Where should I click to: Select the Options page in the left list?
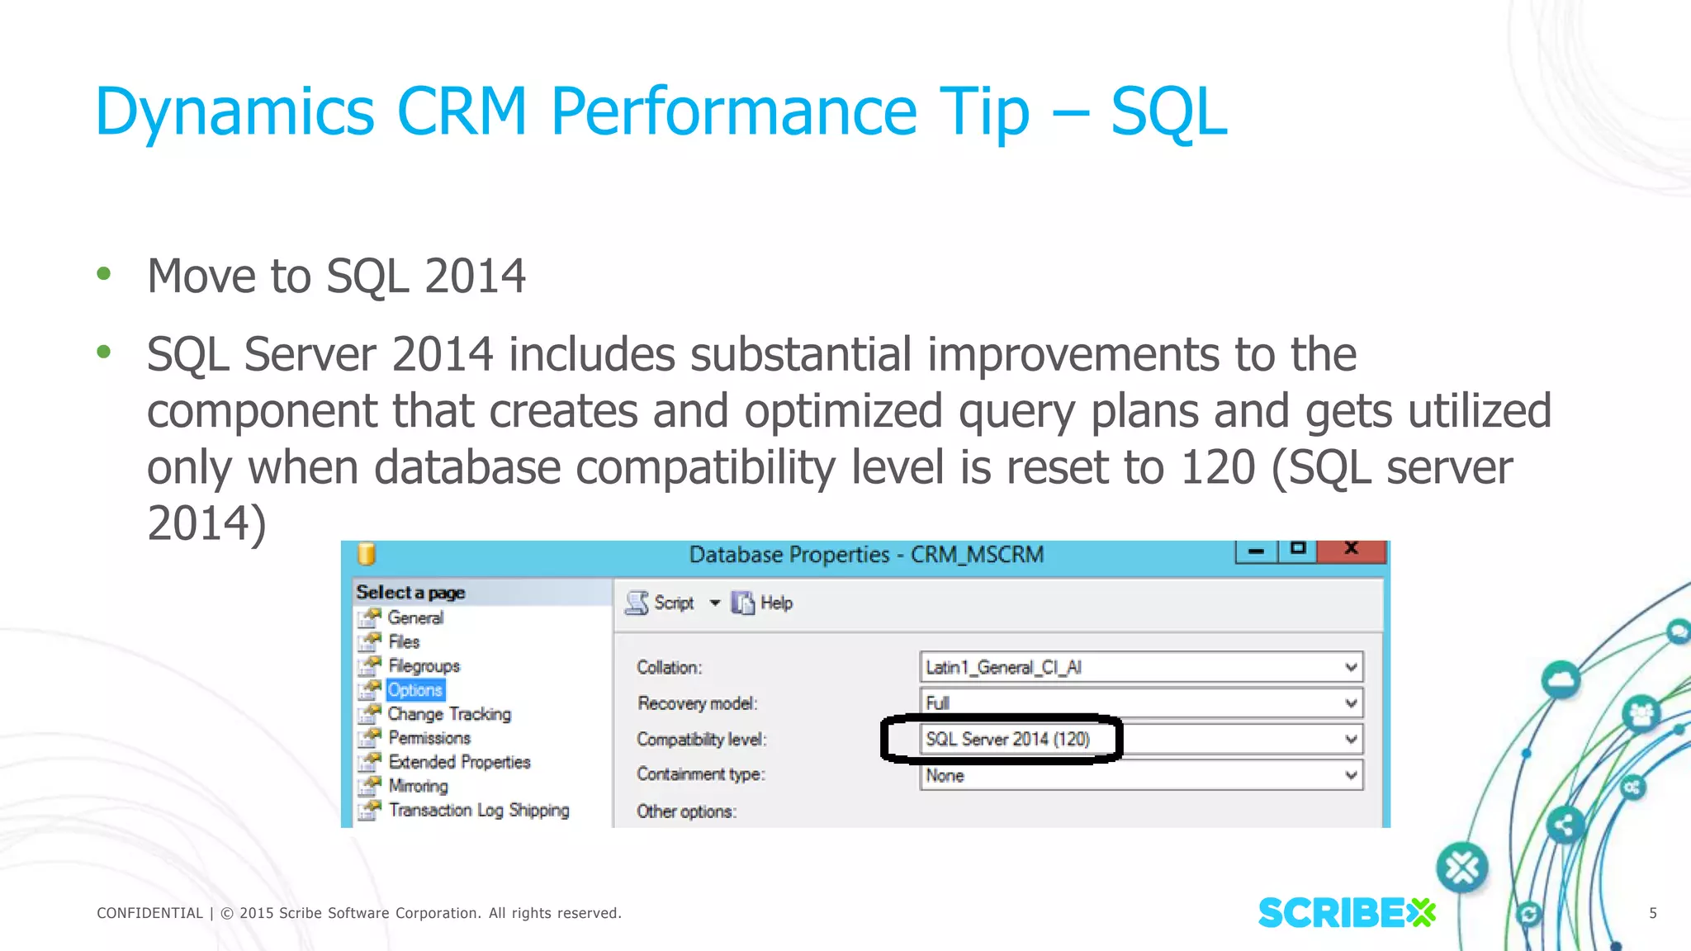click(415, 690)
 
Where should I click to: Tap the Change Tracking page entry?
click(449, 714)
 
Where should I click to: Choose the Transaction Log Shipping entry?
click(479, 810)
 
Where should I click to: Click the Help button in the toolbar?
click(764, 603)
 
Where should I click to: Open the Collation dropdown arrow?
click(1351, 667)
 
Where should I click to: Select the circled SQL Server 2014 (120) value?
click(1007, 739)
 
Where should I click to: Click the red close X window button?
click(1352, 550)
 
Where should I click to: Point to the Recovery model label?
click(697, 703)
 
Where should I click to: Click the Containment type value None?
click(945, 776)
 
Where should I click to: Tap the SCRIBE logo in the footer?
click(1346, 913)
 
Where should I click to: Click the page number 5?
click(1653, 913)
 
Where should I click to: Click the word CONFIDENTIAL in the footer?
click(149, 913)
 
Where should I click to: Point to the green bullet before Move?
click(103, 273)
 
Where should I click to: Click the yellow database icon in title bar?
click(367, 554)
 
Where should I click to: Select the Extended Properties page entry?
click(459, 762)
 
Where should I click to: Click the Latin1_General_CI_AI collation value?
click(1003, 667)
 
